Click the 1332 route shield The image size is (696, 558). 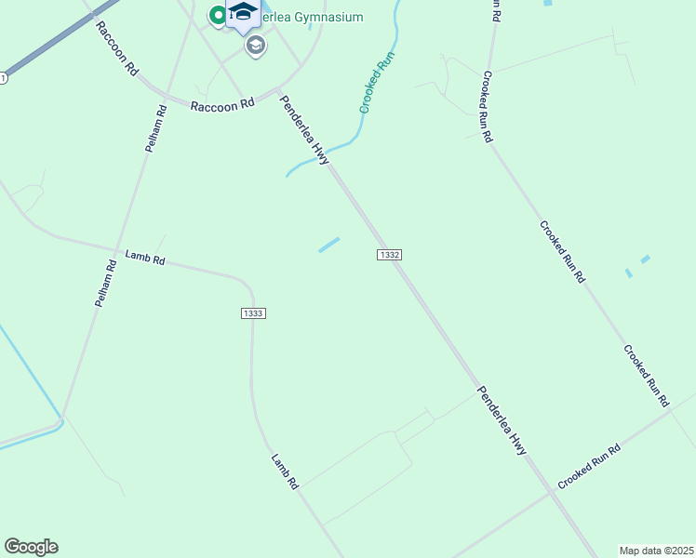pos(390,255)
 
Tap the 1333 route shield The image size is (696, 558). pos(253,313)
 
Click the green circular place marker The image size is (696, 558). pos(218,14)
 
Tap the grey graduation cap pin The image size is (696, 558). pos(256,46)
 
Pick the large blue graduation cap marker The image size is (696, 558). pos(244,13)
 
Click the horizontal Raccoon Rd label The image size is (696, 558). pos(222,106)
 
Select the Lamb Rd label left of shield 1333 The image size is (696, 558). pos(144,259)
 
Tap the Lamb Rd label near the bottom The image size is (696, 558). pos(284,472)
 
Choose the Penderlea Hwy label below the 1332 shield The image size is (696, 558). pos(502,420)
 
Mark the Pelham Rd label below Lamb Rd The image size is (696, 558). pos(105,284)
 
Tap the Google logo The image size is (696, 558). pos(31,547)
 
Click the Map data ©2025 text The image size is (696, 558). pos(657,551)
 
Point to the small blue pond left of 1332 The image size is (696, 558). pos(328,245)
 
